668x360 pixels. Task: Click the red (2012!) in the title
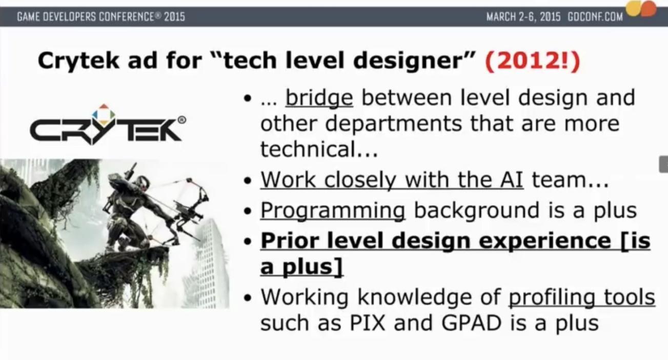pyautogui.click(x=533, y=61)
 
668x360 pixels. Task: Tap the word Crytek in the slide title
pyautogui.click(x=78, y=61)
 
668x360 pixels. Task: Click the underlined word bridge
pyautogui.click(x=319, y=98)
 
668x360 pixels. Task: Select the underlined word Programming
pyautogui.click(x=333, y=211)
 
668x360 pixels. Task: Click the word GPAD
pyautogui.click(x=472, y=323)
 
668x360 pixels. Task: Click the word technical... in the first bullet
pyautogui.click(x=319, y=149)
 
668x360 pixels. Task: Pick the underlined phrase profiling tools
pyautogui.click(x=582, y=297)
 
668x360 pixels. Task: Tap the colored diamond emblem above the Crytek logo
pyautogui.click(x=104, y=115)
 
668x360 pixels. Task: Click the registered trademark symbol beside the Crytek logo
pyautogui.click(x=182, y=120)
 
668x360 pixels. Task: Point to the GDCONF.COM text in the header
pyautogui.click(x=595, y=17)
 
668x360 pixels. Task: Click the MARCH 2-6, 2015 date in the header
pyautogui.click(x=523, y=17)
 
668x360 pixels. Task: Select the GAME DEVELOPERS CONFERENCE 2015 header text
pyautogui.click(x=101, y=17)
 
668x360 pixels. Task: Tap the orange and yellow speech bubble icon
pyautogui.click(x=641, y=8)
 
